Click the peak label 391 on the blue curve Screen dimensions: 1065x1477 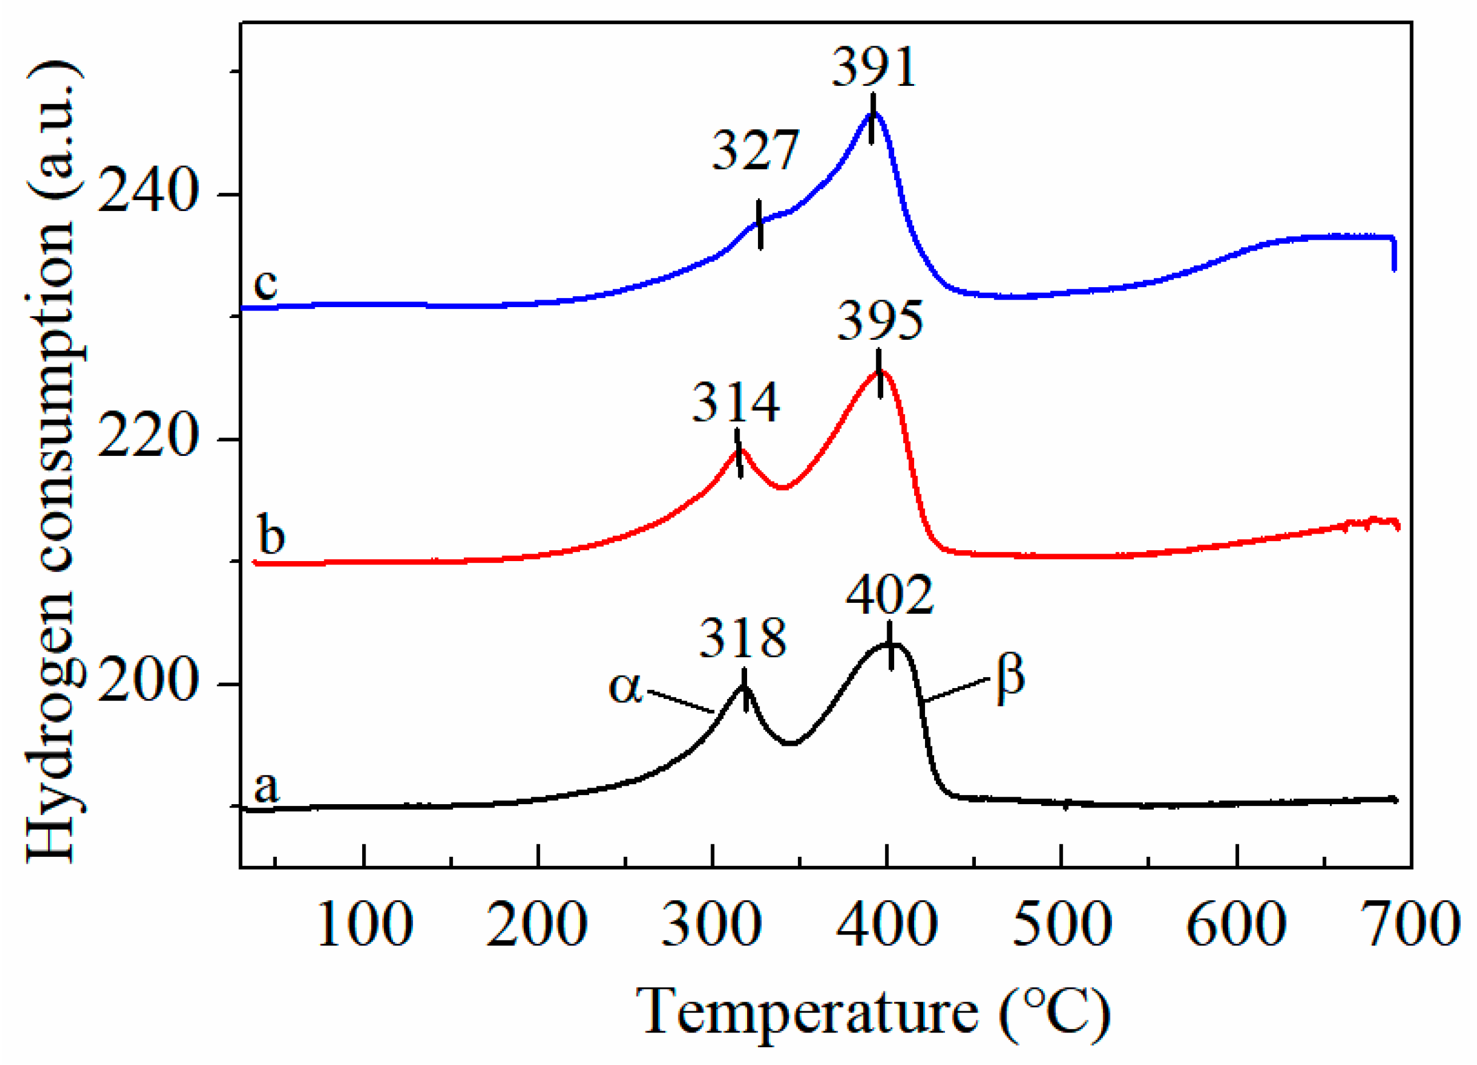point(874,69)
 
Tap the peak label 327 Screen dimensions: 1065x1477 point(755,151)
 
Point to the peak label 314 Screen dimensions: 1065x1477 point(735,404)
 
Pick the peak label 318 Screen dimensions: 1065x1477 point(743,639)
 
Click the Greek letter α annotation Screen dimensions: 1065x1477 point(626,688)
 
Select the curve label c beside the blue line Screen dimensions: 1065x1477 point(265,284)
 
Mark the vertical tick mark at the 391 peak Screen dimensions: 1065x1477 point(872,118)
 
